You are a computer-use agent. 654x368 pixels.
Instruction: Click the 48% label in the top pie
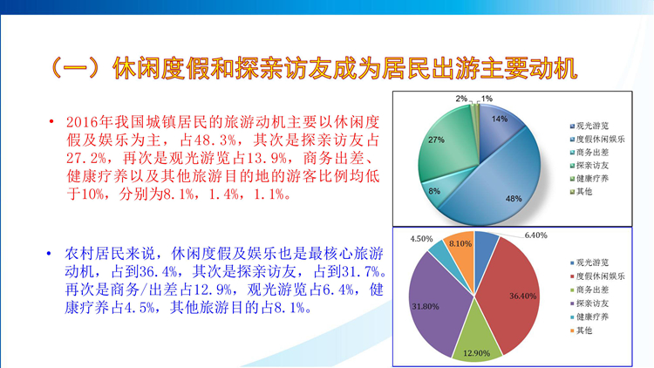pos(514,199)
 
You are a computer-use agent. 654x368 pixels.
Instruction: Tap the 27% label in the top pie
pos(436,140)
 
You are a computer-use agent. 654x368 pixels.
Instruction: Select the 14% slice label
pos(500,119)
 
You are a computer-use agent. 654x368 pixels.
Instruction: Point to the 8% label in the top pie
pos(434,191)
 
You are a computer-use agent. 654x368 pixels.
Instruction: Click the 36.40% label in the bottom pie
pos(522,296)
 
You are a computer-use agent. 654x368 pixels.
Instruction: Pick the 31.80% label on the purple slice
pos(426,307)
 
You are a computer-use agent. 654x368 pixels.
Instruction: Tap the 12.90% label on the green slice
pos(476,353)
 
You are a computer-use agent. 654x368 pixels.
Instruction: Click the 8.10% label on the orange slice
pos(460,243)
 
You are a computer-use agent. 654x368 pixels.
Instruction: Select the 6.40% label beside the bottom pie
pos(536,235)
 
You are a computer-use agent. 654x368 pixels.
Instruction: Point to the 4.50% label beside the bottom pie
pos(421,239)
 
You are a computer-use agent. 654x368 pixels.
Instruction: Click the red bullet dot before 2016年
pos(51,122)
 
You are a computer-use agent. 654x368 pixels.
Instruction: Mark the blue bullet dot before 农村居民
pos(49,253)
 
